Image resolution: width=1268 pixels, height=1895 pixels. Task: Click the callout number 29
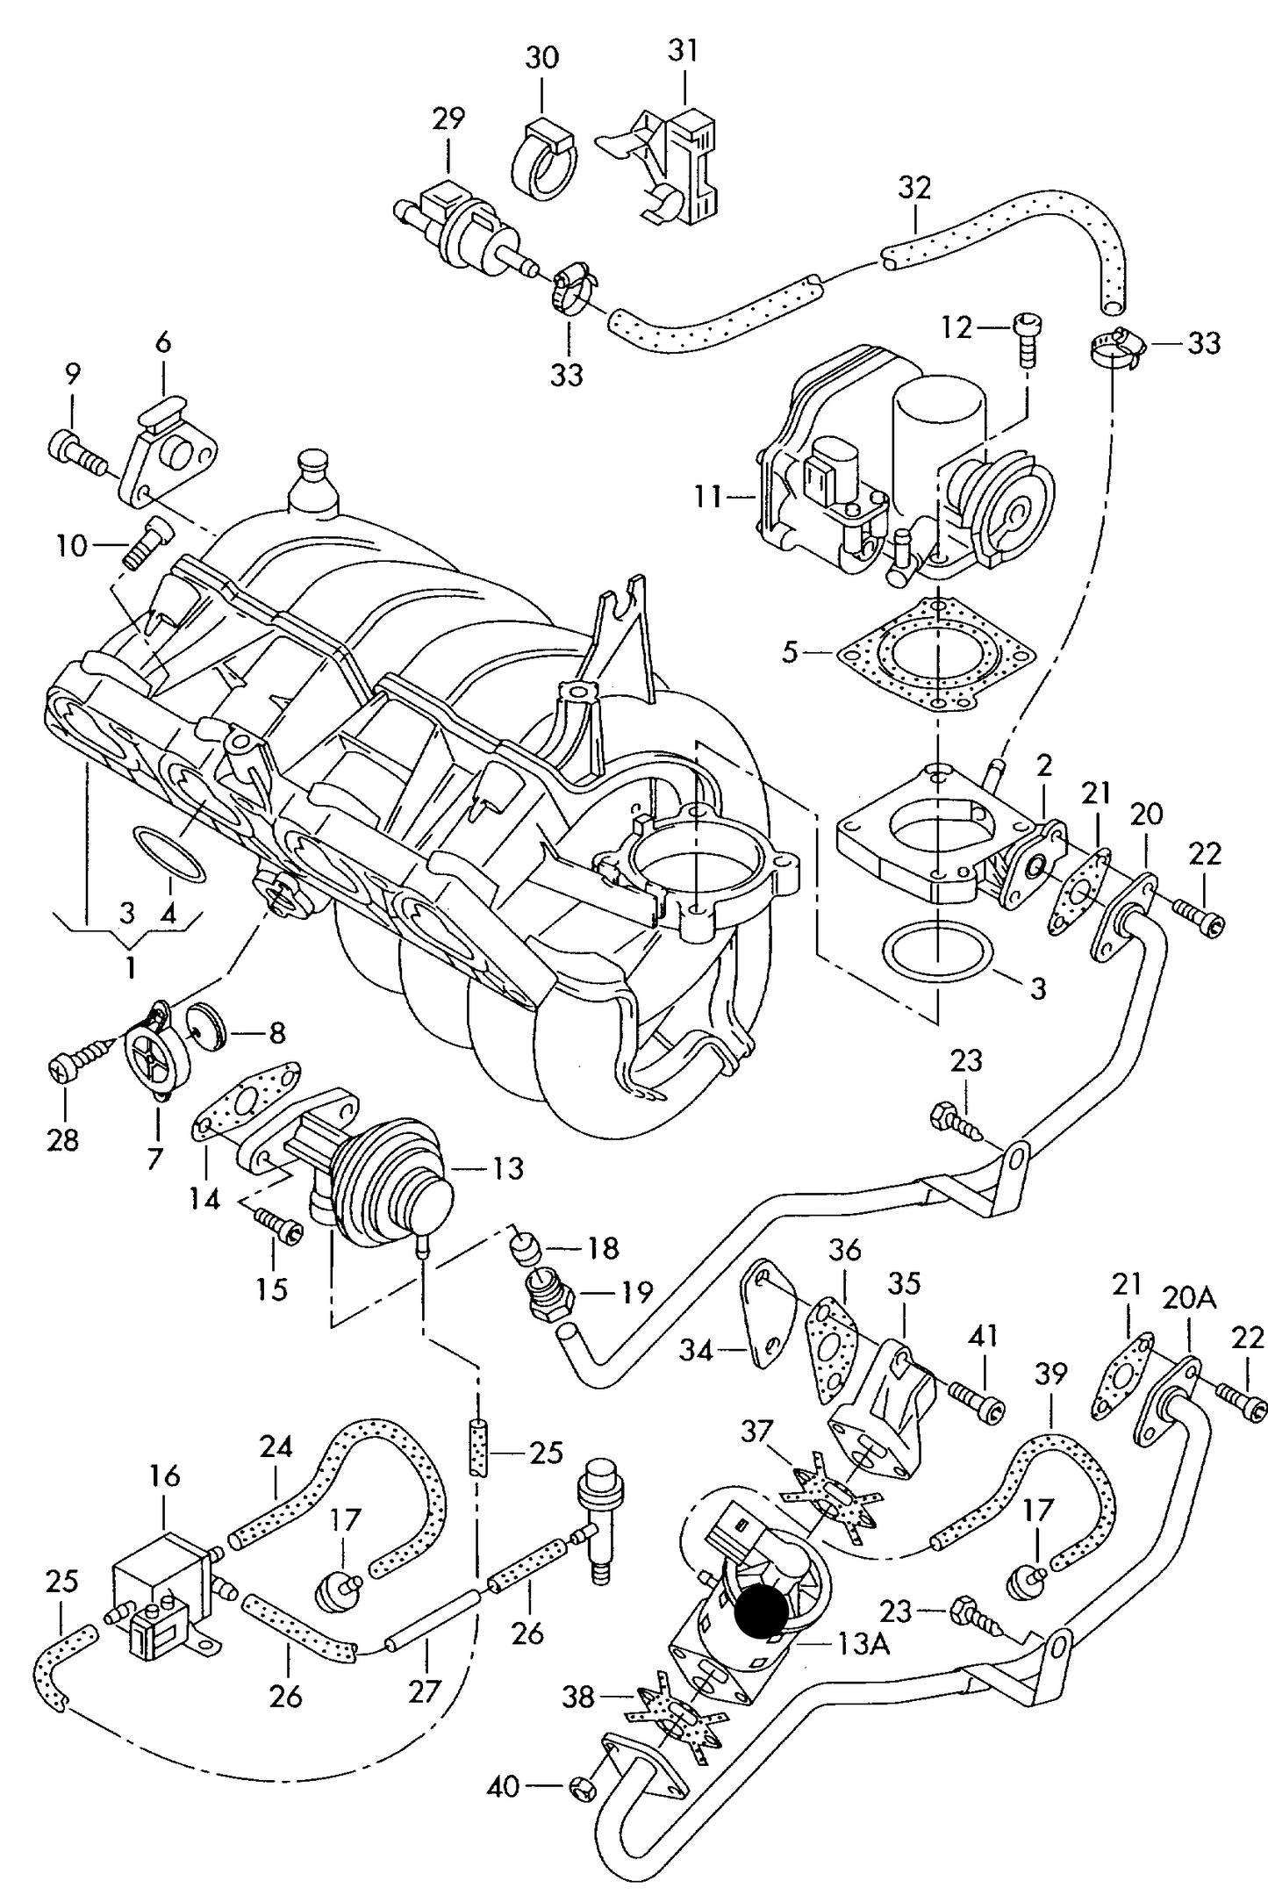448,118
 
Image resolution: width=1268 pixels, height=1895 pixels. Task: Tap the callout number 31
683,50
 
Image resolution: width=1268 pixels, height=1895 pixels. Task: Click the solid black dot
761,1612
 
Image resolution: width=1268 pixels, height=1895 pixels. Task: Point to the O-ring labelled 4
171,851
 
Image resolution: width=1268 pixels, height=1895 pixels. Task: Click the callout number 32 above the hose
913,188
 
